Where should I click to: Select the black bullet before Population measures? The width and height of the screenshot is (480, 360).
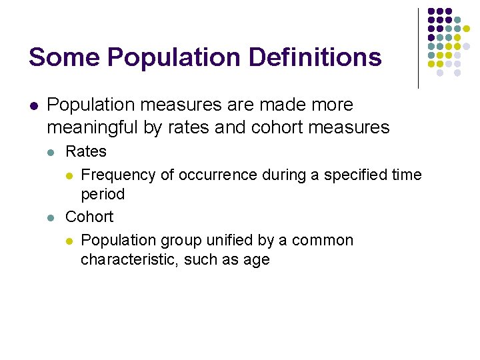tap(33, 106)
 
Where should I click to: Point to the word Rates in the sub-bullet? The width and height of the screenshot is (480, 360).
tap(85, 151)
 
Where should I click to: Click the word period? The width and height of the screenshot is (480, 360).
tap(103, 194)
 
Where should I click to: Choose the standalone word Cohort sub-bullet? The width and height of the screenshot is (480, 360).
tap(89, 217)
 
